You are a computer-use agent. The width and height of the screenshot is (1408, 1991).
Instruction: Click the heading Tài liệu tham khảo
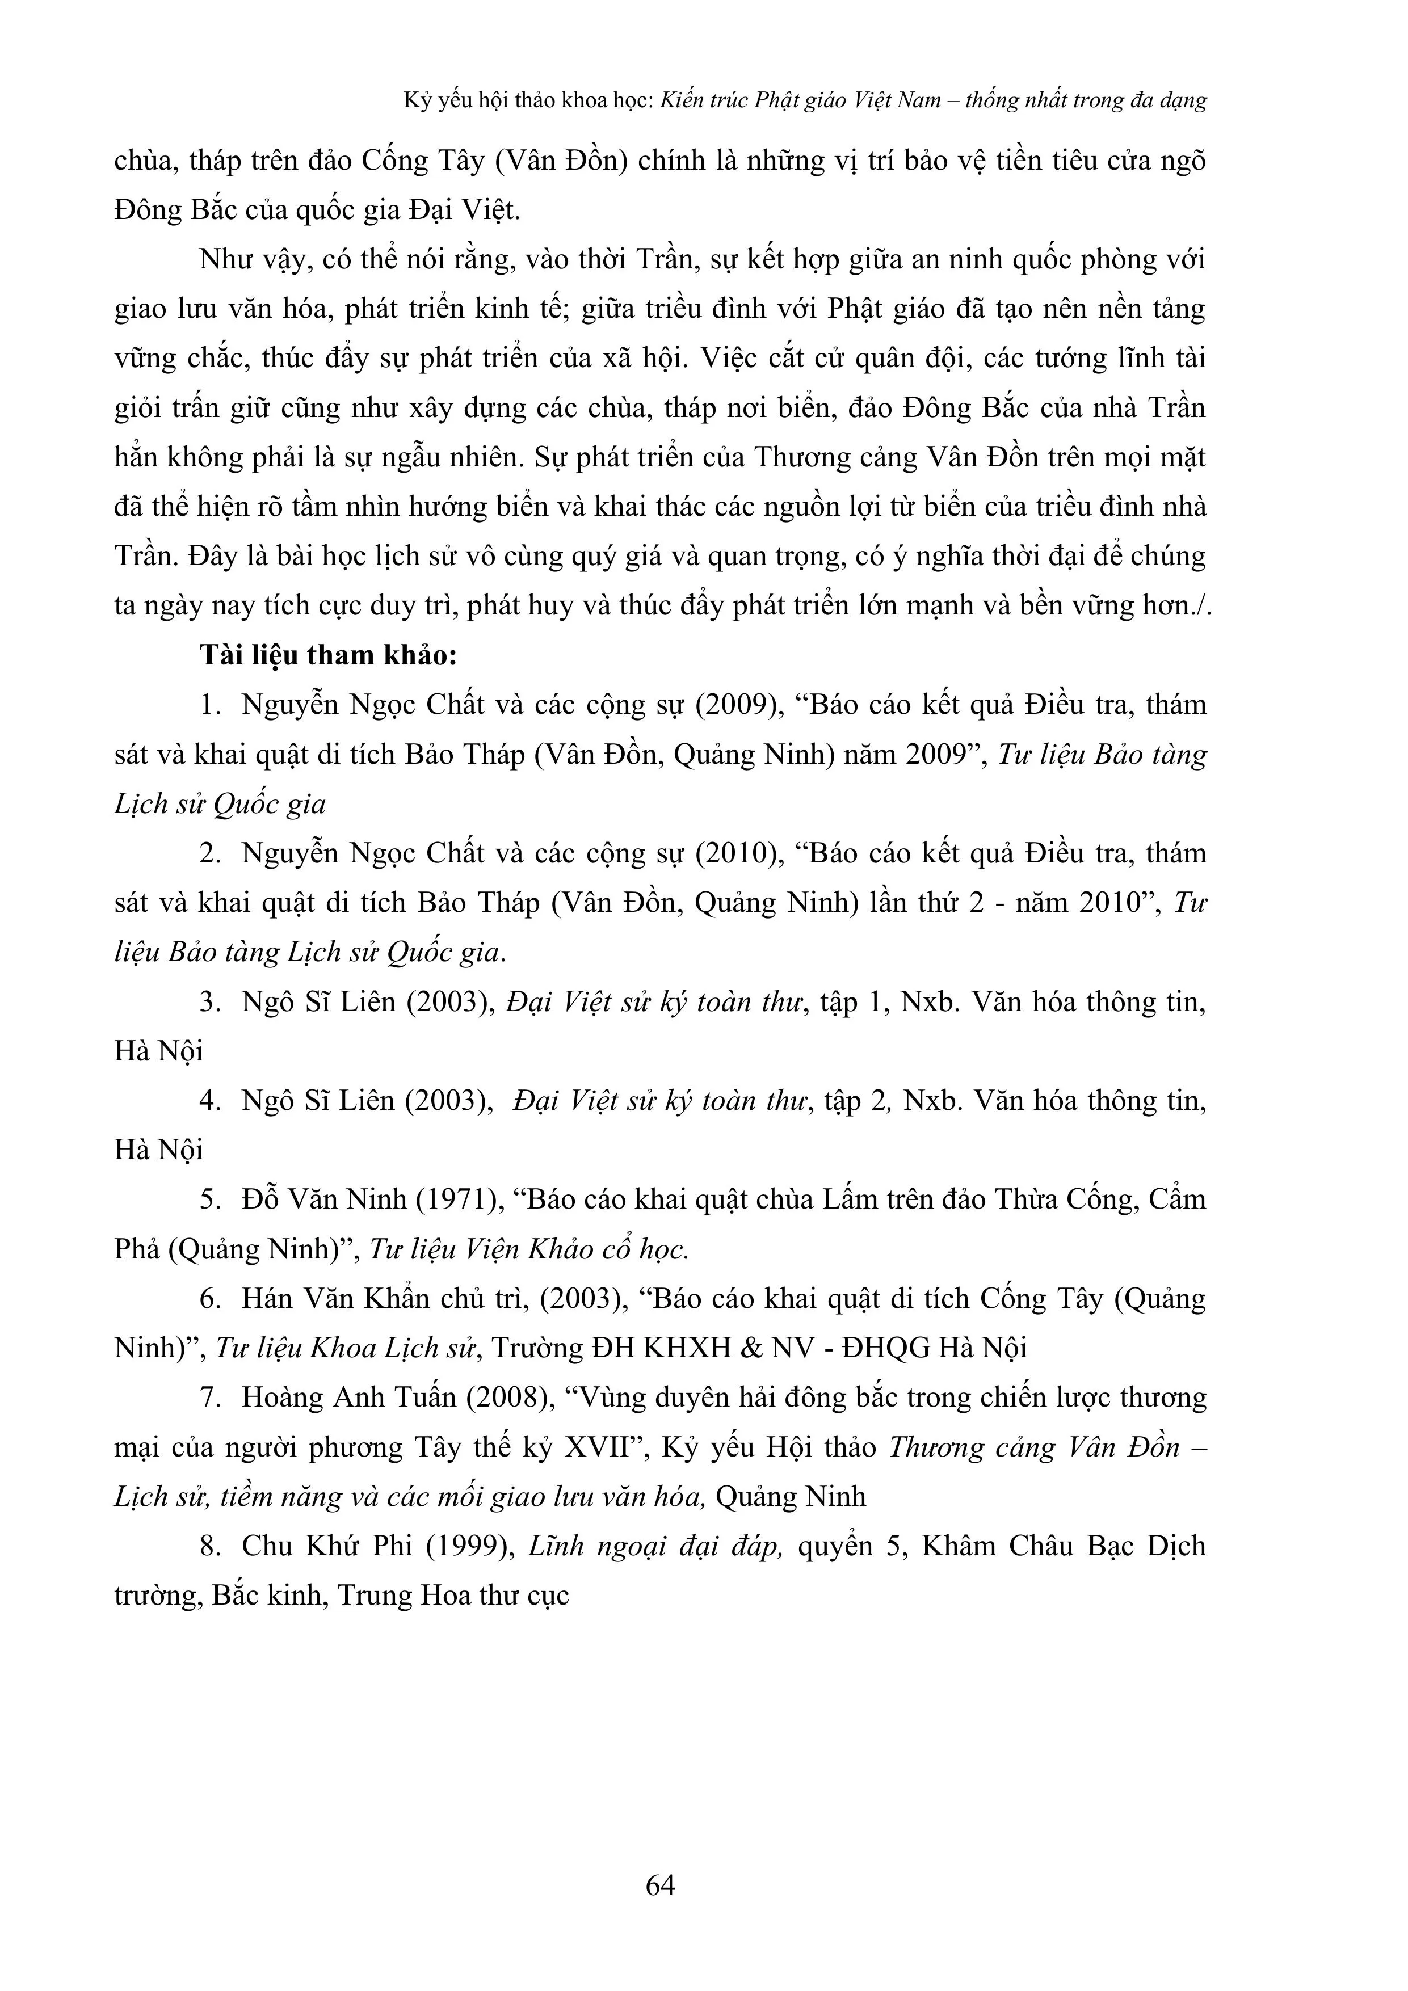[x=328, y=655]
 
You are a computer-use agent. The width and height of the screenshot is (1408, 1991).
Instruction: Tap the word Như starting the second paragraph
[x=226, y=260]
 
